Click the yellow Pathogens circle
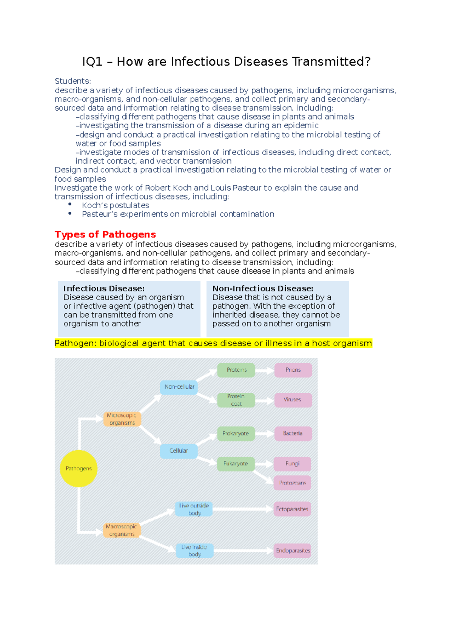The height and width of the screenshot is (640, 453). coord(79,468)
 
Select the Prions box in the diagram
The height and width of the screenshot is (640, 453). coord(293,370)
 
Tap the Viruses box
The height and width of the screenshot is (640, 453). coord(293,400)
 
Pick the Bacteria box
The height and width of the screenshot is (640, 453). coord(293,433)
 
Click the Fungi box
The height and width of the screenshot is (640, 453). coord(292,464)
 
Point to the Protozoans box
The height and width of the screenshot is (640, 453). coord(292,483)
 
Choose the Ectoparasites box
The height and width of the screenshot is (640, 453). coord(292,509)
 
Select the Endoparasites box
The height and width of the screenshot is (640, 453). coord(293,551)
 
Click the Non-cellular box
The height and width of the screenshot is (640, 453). coord(179,387)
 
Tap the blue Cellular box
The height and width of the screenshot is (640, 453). coord(179,451)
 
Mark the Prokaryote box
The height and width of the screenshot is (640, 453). coord(236,434)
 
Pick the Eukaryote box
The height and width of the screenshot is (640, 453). coord(236,464)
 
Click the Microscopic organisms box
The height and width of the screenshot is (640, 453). coord(122,419)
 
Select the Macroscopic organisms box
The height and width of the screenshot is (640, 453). coord(122,530)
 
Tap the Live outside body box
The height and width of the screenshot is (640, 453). coord(194,509)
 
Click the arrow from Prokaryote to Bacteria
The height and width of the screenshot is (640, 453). coord(264,434)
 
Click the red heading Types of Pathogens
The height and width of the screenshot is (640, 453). coord(105,234)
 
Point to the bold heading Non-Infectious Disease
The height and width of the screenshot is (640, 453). coord(263,288)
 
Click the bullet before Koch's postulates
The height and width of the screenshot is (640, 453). coord(70,205)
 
